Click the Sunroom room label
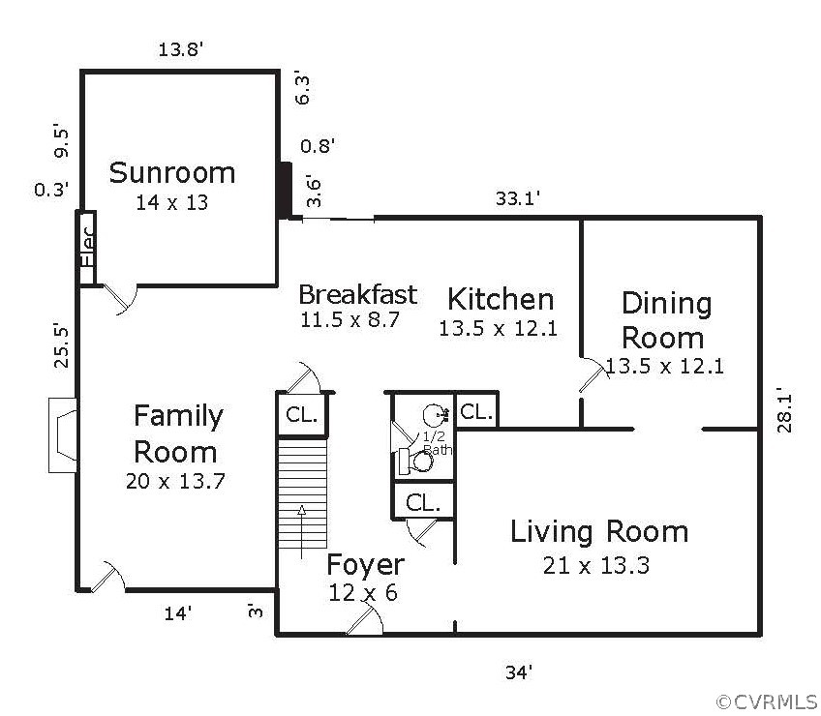[x=171, y=173]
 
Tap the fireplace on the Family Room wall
[x=63, y=435]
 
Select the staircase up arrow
[x=302, y=531]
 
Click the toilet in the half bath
[x=416, y=462]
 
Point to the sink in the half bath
[x=435, y=414]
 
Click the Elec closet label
[x=87, y=247]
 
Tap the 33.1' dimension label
[x=518, y=198]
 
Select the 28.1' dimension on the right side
[x=784, y=410]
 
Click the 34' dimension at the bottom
[x=519, y=672]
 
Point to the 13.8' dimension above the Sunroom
[x=181, y=49]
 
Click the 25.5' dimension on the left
[x=61, y=346]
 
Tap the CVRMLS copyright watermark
[x=767, y=701]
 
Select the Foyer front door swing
[x=365, y=618]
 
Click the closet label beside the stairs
[x=302, y=415]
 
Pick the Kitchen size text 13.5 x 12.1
[x=498, y=329]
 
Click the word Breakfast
[x=358, y=294]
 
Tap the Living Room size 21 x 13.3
[x=595, y=565]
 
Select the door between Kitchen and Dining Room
[x=593, y=374]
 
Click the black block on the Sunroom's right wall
[x=285, y=191]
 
